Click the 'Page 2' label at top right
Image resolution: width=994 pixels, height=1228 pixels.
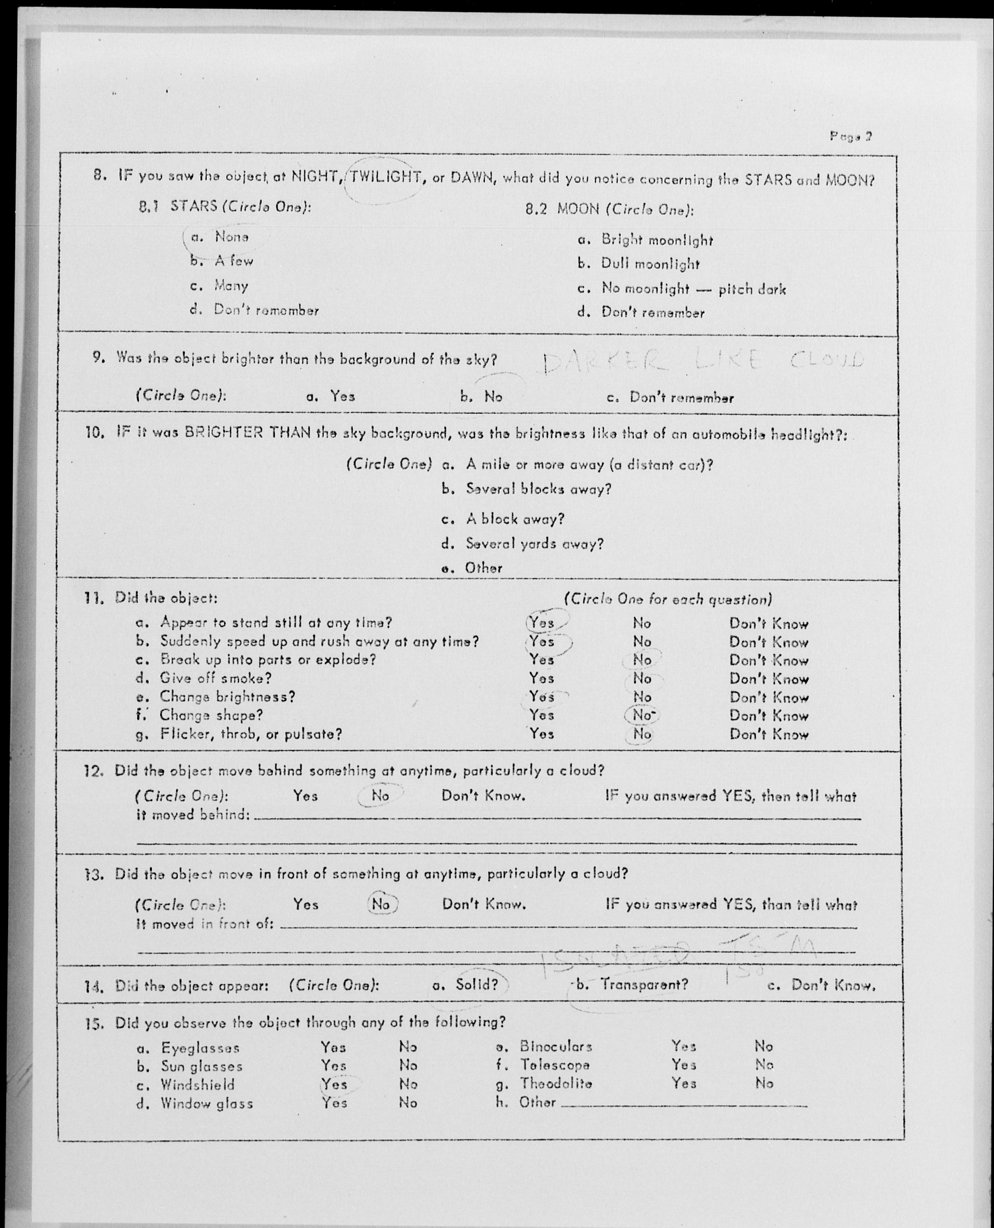(850, 137)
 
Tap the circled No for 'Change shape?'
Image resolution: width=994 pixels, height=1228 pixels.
(642, 715)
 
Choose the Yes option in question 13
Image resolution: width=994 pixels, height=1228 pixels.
(305, 904)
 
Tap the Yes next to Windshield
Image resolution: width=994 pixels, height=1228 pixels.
(334, 1084)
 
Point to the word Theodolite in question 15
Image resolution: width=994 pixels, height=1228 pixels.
(556, 1083)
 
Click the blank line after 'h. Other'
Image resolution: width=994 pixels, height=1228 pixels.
(684, 1105)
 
